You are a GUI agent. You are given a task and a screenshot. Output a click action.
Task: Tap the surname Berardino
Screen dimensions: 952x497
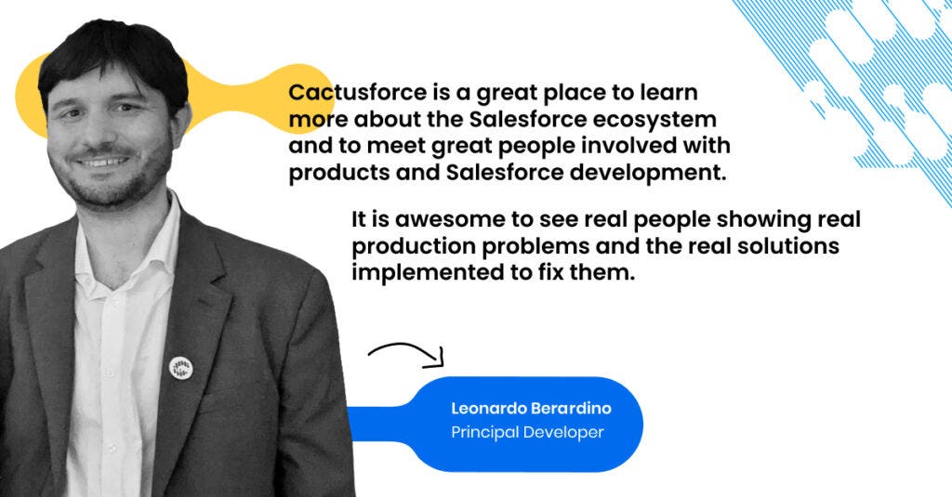coord(572,409)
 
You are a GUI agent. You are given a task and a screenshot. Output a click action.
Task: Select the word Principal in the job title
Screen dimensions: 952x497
coord(484,433)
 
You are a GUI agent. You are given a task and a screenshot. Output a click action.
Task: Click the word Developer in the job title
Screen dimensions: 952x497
coord(563,433)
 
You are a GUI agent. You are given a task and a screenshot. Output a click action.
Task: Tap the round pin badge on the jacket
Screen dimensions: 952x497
coord(181,368)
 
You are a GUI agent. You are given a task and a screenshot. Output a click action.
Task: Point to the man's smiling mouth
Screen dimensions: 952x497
coord(103,162)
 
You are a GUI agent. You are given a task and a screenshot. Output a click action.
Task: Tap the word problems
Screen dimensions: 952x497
coord(532,246)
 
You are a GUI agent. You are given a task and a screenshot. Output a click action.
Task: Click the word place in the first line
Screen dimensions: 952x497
coord(572,94)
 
